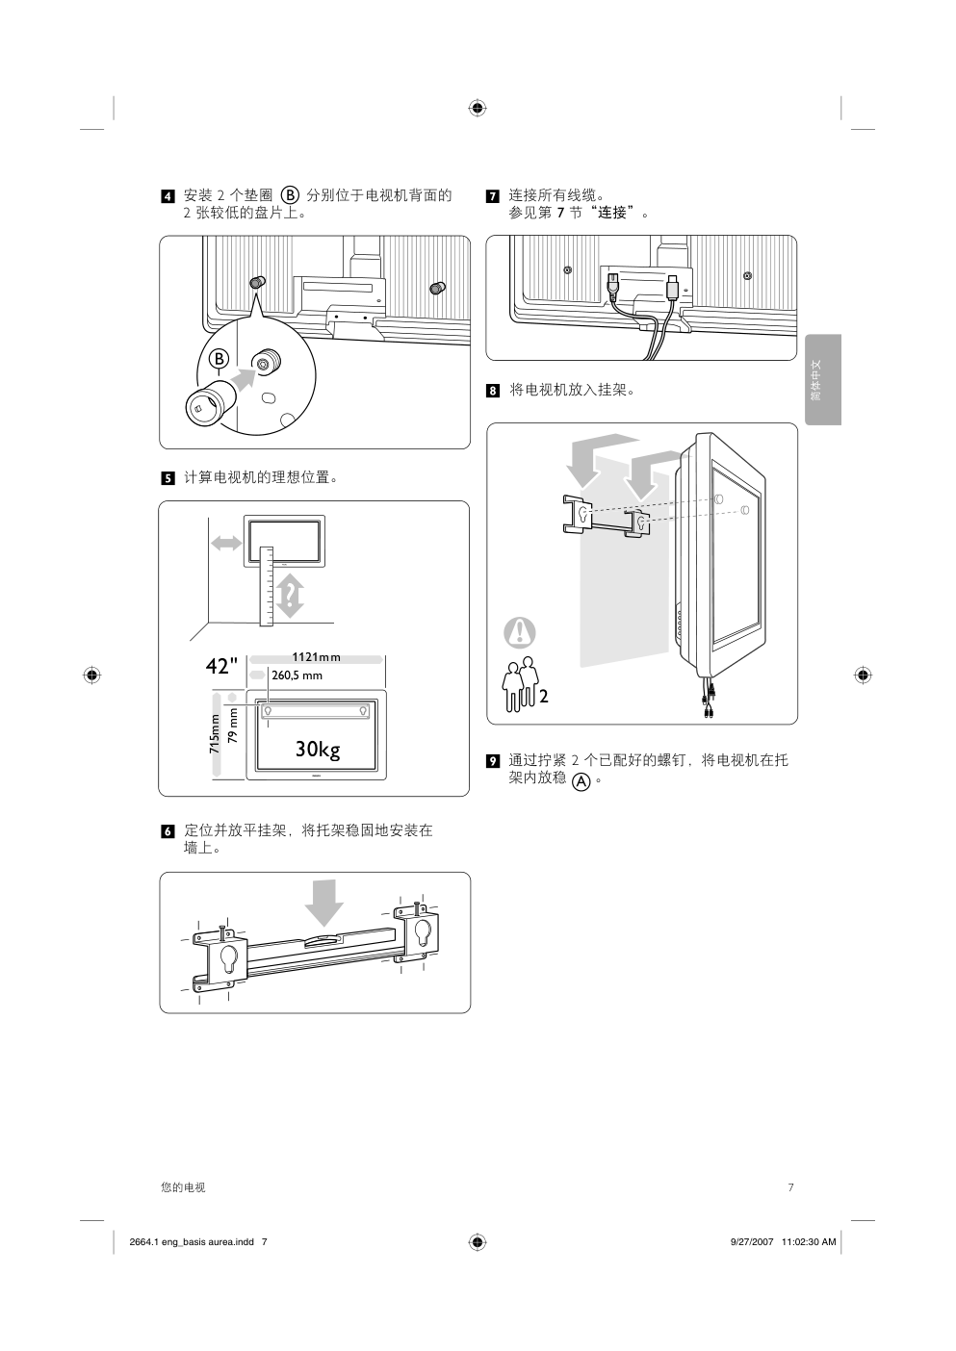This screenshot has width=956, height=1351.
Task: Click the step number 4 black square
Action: point(168,197)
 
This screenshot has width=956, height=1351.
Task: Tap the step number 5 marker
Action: point(168,478)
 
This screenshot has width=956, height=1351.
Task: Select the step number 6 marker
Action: point(168,830)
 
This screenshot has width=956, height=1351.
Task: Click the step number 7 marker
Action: point(492,197)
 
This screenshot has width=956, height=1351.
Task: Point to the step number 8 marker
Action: point(492,391)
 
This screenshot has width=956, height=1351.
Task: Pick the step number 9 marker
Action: point(492,761)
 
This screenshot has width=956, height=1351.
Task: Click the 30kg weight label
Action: point(318,750)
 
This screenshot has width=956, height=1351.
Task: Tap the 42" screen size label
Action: point(220,667)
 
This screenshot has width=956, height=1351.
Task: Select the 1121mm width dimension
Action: point(316,658)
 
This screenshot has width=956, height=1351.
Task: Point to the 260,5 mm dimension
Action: point(297,675)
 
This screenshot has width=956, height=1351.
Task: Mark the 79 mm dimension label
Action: point(232,726)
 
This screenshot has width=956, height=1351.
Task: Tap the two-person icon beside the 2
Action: point(521,687)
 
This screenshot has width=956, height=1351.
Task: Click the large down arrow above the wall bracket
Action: point(324,901)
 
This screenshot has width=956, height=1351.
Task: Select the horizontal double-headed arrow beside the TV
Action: point(226,543)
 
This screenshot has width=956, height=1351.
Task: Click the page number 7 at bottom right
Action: point(790,1187)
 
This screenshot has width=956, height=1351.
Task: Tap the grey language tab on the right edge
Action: point(823,379)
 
